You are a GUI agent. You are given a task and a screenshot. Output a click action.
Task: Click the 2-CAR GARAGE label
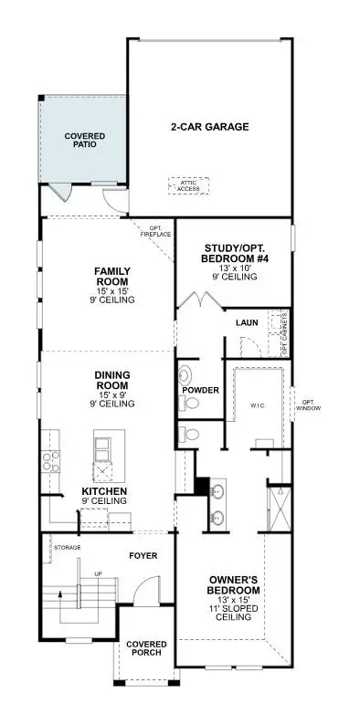click(209, 127)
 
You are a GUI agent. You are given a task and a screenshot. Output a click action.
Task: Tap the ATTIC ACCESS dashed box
click(188, 184)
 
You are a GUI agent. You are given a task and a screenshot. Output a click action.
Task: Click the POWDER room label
click(200, 390)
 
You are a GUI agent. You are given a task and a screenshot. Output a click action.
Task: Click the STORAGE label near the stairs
click(68, 547)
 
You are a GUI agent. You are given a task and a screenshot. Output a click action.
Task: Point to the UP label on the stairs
click(97, 573)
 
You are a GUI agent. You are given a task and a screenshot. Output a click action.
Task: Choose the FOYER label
click(143, 554)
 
